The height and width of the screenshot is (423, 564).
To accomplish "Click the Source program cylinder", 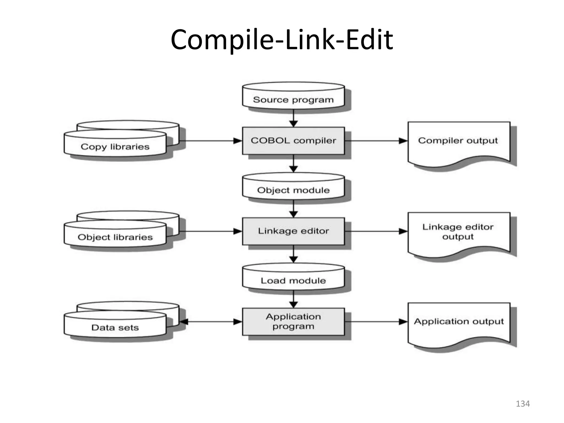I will (293, 96).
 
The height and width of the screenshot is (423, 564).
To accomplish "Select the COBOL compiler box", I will (293, 141).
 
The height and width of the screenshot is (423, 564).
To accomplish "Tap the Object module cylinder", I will (293, 187).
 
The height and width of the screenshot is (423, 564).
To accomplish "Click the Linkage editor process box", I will (293, 231).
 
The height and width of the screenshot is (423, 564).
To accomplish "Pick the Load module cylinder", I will (293, 278).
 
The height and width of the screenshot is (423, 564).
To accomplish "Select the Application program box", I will (293, 321).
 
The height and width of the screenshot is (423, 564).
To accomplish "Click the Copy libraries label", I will (115, 147).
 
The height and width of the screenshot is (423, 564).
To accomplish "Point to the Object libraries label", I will (115, 237).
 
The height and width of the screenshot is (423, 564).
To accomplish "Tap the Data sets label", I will (115, 327).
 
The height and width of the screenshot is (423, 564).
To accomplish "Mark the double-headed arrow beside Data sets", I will (211, 322).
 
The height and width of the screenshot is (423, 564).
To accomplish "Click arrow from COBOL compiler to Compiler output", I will (376, 141).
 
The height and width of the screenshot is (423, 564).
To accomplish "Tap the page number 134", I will (523, 404).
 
